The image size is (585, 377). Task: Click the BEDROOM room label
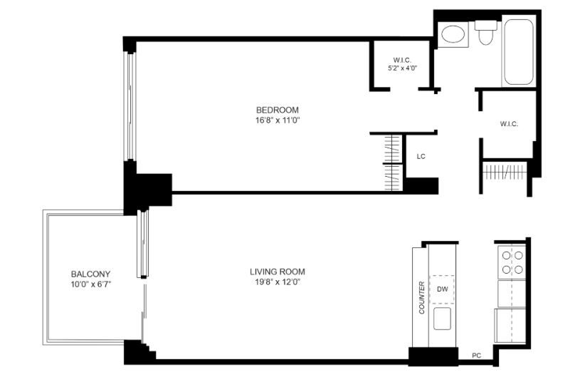coord(278,110)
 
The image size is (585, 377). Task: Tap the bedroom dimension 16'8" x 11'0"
coord(278,120)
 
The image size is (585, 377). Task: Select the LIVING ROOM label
coord(278,272)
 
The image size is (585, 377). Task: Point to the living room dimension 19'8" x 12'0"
coord(278,282)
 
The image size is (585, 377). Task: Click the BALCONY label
coord(90,274)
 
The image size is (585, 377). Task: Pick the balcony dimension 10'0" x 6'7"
coord(90,284)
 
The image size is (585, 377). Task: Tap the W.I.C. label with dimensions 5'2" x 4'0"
coord(402,60)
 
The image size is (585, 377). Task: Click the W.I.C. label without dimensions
coord(509,124)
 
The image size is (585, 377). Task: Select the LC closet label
coord(421,157)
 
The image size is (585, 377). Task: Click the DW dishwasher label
coord(443,289)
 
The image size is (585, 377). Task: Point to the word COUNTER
coord(421,297)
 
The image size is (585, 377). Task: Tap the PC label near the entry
coord(476,356)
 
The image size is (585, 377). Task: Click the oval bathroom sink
coord(453,34)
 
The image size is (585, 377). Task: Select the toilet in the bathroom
coord(485,33)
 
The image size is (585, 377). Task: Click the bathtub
coord(519,52)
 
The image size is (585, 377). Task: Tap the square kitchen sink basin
coord(442,319)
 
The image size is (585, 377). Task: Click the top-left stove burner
coord(506,256)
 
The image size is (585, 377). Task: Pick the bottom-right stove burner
coord(519,269)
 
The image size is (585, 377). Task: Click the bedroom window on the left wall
coord(130,106)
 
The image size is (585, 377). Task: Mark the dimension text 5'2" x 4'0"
coord(402,68)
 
